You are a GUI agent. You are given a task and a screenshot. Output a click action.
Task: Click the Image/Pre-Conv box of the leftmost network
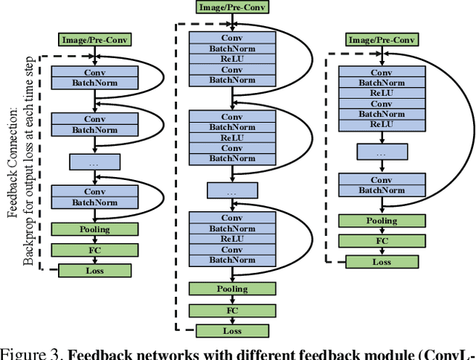click(94, 39)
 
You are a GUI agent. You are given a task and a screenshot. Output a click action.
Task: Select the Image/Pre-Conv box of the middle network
click(231, 7)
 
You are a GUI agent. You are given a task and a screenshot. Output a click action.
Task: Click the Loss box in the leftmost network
click(94, 270)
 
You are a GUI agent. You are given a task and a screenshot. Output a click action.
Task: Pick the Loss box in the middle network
click(231, 330)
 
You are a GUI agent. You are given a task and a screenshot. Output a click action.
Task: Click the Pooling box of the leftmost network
click(94, 230)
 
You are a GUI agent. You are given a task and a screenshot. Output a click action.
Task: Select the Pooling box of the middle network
click(231, 289)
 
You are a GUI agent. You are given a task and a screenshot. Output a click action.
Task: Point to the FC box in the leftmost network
click(94, 250)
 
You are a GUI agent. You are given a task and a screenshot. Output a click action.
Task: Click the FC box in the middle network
click(231, 309)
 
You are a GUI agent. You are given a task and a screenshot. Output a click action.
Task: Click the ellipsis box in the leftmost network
click(94, 161)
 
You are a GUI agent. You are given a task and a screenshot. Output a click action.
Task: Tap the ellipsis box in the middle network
click(231, 192)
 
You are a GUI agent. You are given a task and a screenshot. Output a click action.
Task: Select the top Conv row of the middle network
click(231, 36)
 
